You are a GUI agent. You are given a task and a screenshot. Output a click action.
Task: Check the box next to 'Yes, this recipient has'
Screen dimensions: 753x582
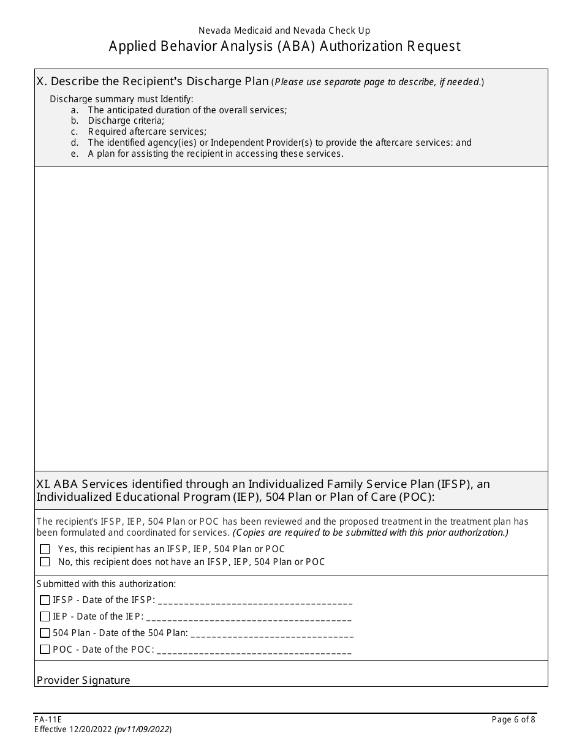(45, 549)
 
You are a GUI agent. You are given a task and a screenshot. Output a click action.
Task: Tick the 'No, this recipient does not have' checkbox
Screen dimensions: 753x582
(45, 561)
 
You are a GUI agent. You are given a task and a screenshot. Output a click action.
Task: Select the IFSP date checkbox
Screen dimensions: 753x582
(45, 600)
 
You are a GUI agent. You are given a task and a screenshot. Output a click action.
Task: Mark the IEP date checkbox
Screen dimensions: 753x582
(45, 616)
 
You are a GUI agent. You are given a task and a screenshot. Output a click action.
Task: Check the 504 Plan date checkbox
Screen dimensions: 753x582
(45, 633)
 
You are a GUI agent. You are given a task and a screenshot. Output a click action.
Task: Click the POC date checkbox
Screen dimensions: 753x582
(45, 650)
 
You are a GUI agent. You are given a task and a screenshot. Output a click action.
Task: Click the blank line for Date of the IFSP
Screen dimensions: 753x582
(255, 601)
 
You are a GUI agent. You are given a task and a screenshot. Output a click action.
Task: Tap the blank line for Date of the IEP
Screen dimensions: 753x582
(249, 618)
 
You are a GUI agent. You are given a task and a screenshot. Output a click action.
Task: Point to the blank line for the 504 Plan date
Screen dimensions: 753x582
(272, 634)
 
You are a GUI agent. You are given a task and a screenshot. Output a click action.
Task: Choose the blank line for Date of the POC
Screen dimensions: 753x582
(254, 651)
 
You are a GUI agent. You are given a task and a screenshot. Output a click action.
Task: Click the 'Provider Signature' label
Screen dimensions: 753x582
(83, 680)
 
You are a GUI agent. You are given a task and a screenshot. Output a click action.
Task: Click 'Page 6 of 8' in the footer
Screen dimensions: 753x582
(513, 720)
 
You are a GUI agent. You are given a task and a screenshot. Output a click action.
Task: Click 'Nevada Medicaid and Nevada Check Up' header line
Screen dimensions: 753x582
(284, 30)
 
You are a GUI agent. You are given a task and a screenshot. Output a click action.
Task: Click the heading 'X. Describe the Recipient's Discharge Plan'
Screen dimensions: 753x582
(153, 81)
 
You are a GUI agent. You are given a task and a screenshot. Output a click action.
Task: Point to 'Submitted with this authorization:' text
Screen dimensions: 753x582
(106, 584)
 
